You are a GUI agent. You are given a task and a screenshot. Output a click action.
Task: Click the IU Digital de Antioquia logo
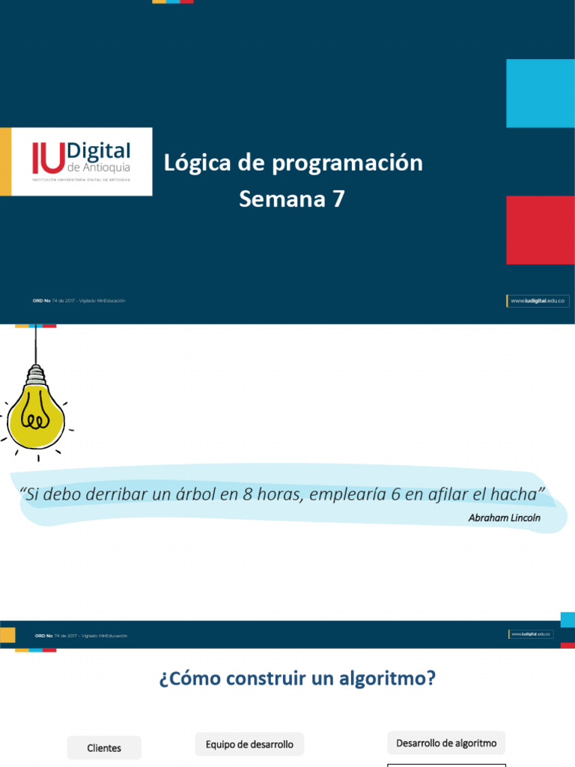[x=81, y=162]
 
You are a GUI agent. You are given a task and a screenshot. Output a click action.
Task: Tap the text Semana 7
[x=292, y=199]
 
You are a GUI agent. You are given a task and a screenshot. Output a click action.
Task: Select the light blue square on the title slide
[x=540, y=94]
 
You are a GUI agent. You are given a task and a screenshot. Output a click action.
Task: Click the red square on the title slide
[x=540, y=230]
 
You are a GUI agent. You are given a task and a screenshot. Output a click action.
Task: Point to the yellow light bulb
[x=35, y=409]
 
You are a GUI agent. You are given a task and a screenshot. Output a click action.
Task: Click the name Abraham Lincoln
[x=504, y=518]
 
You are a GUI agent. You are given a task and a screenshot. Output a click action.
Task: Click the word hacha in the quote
[x=517, y=494]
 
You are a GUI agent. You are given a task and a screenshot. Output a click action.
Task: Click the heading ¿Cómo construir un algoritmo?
[x=297, y=679]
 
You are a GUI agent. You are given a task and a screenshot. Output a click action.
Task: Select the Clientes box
[x=104, y=748]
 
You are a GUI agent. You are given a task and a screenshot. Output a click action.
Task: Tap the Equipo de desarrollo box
[x=249, y=744]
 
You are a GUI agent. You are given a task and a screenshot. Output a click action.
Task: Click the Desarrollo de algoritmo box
[x=446, y=743]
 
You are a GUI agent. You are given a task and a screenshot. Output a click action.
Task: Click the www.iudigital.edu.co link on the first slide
[x=538, y=300]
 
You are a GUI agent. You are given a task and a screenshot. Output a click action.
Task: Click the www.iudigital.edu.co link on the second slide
[x=531, y=634]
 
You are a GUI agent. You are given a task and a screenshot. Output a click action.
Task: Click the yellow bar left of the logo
[x=5, y=162]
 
